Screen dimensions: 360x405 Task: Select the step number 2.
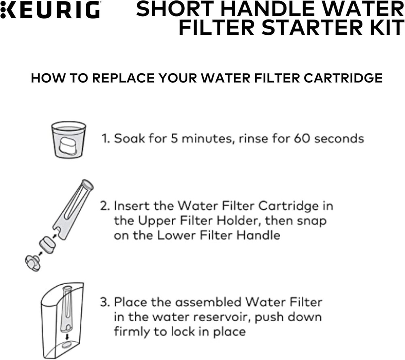click(104, 206)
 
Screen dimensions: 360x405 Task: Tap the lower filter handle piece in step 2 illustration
click(32, 262)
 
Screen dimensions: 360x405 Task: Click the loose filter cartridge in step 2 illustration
click(47, 245)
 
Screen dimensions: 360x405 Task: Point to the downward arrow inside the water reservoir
click(68, 336)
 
